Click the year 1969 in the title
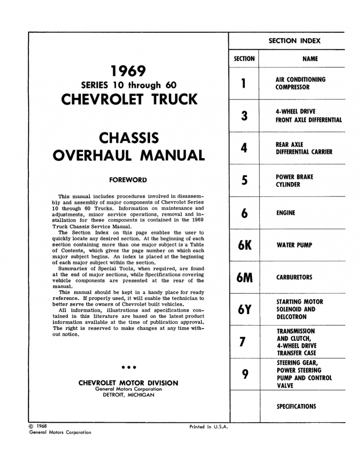tap(128, 71)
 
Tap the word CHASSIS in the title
tap(129, 138)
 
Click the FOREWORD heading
tap(128, 180)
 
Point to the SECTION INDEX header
tap(294, 40)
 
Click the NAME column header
tap(310, 59)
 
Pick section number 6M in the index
tap(244, 278)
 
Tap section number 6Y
tap(244, 310)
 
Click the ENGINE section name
tap(286, 213)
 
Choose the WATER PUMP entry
tap(294, 245)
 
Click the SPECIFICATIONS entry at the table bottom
tap(296, 407)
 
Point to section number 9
tap(244, 374)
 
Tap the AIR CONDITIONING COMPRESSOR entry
tap(300, 83)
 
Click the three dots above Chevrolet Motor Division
tap(128, 367)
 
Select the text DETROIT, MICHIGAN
tap(128, 395)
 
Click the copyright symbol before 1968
tap(32, 426)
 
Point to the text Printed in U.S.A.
tap(208, 427)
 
